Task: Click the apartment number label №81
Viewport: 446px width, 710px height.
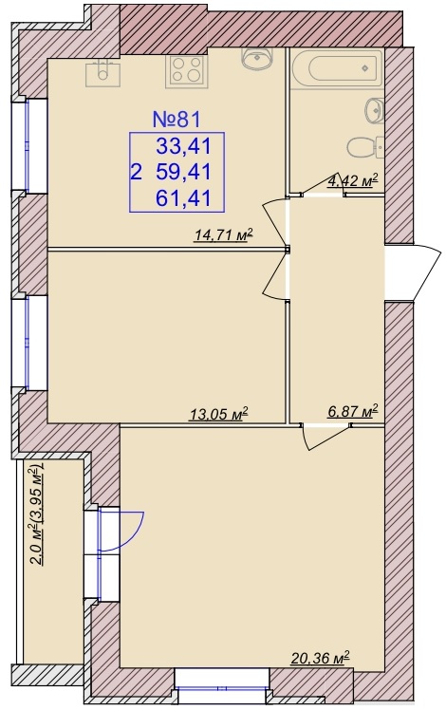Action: pos(177,119)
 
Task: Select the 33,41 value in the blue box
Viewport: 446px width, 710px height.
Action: pos(183,146)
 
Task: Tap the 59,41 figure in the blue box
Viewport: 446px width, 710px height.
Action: pos(183,172)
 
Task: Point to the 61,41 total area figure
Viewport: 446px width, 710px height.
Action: pos(183,198)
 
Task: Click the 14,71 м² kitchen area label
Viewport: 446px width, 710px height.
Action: pos(223,235)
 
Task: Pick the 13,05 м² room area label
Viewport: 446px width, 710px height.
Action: pos(218,414)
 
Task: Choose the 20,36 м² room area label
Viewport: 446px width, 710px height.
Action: pos(321,657)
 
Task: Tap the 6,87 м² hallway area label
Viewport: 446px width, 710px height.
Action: pos(352,411)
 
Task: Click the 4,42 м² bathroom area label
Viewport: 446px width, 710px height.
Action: pos(352,181)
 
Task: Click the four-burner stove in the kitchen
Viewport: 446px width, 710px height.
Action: pos(186,70)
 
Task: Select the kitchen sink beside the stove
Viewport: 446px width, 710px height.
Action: pos(103,73)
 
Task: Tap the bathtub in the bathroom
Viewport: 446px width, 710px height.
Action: pos(336,69)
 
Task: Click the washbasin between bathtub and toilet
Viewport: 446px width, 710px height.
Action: pos(375,109)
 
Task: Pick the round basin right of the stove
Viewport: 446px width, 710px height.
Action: pos(257,58)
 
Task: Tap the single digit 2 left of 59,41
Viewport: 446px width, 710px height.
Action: pos(136,173)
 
